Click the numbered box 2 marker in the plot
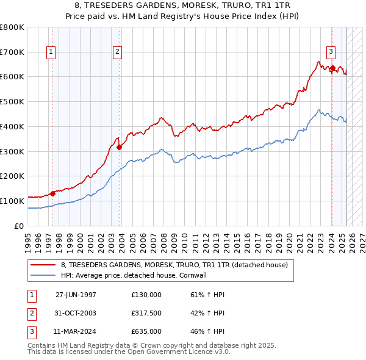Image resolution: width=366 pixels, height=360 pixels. click(117, 52)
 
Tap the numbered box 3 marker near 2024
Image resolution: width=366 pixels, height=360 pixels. click(330, 52)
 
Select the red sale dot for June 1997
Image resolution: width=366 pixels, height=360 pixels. click(52, 193)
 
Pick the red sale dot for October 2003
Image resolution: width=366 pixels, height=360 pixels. click(120, 146)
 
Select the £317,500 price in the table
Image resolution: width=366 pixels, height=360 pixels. click(146, 314)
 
